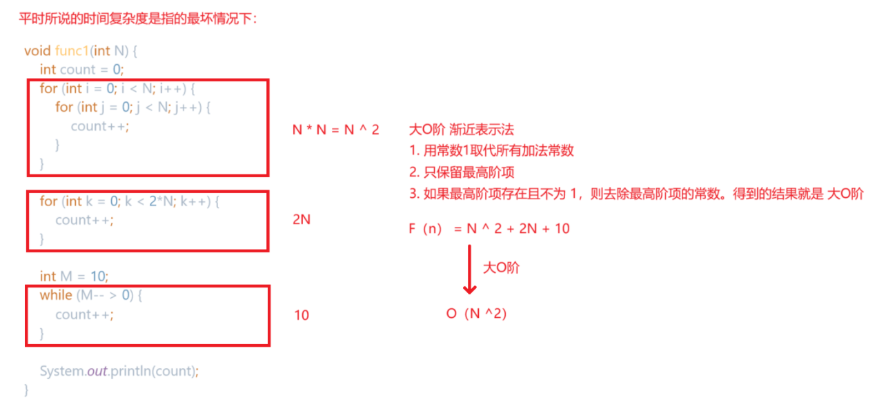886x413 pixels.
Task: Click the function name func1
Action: (72, 51)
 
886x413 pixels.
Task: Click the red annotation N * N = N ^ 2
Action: (335, 130)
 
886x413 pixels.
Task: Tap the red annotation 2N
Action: (302, 220)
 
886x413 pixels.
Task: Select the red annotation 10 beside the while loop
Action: (302, 315)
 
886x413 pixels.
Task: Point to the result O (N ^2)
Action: (476, 314)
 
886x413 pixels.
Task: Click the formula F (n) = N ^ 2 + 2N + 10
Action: (489, 228)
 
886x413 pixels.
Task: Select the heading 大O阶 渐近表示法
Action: (461, 130)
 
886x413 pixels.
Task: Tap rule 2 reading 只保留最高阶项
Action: (462, 172)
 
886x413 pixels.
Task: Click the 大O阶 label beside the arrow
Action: (500, 268)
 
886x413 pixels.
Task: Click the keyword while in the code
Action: (56, 295)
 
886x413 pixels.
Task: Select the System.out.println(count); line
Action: (119, 371)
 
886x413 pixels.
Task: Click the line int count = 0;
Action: (81, 70)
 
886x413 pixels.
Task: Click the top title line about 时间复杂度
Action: (138, 19)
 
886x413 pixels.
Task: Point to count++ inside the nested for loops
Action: (100, 126)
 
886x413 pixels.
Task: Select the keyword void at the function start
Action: (37, 51)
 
